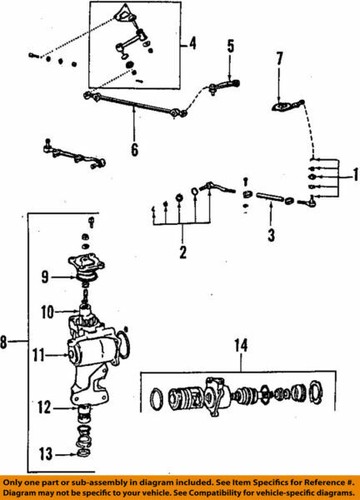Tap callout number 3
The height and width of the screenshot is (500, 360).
267,236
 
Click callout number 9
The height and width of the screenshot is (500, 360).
44,276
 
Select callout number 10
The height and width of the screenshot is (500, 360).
44,312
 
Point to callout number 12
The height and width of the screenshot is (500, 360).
44,406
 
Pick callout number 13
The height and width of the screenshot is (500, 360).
44,451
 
